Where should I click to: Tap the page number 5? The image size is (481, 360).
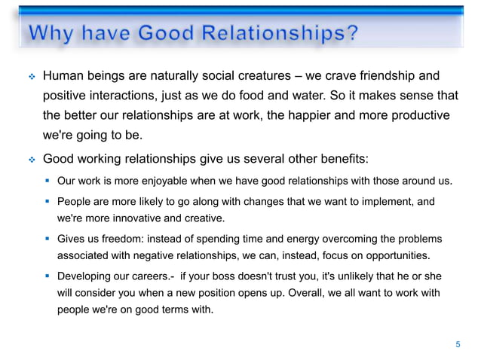pos(457,344)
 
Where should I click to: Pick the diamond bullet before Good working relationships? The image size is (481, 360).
pos(32,160)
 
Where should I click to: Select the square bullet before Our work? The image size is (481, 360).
pos(47,181)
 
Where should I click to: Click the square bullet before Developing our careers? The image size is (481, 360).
pos(47,276)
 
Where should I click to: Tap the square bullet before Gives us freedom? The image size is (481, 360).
pos(47,239)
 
